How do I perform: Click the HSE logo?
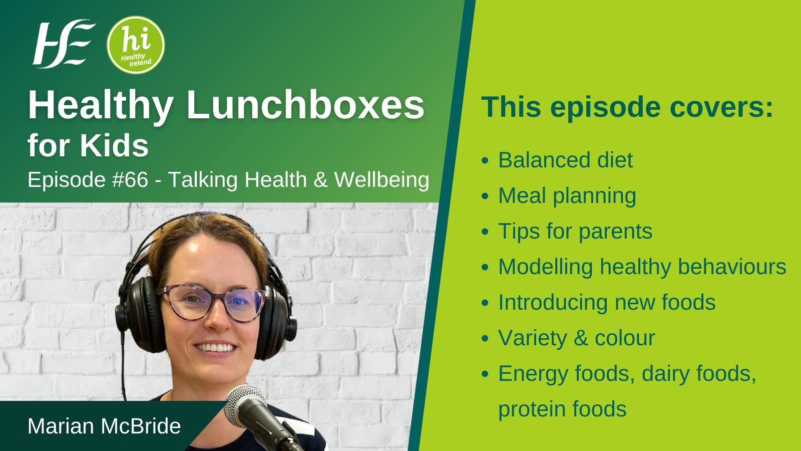tap(64, 44)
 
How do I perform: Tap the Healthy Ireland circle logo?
tap(136, 45)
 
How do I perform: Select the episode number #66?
tap(130, 179)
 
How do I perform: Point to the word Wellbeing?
tap(381, 180)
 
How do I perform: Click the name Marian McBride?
tap(104, 426)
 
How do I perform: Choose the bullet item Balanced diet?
tap(565, 160)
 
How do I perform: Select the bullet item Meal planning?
tap(567, 196)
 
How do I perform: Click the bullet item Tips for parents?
tap(575, 231)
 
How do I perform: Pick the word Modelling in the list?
tap(545, 267)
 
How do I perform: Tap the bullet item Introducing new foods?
tap(607, 303)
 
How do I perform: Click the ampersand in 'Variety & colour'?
tap(581, 338)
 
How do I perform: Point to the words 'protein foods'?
tap(562, 409)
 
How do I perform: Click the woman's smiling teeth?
tap(215, 348)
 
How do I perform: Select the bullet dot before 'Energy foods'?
tap(485, 374)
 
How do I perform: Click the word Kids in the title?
tap(114, 146)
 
